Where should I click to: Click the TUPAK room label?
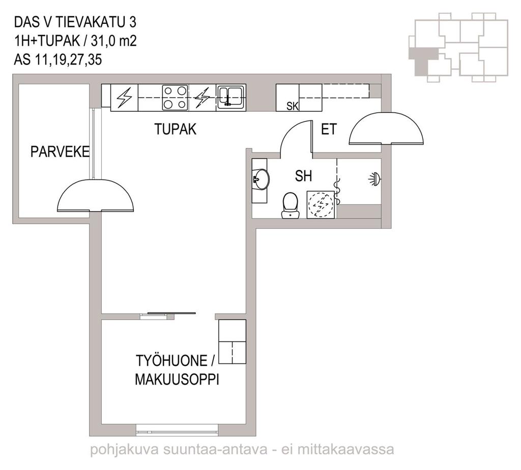point(175,129)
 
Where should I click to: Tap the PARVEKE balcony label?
point(60,152)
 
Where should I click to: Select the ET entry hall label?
point(329,129)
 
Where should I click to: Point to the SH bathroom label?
point(303,176)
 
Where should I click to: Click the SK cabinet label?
point(293,106)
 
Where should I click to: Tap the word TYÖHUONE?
point(171,361)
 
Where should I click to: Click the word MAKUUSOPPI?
point(177,380)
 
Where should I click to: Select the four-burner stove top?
point(175,98)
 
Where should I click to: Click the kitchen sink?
point(230,96)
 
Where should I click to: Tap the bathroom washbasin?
point(261,179)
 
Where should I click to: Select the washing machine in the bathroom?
point(321,204)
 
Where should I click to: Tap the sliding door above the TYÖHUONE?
point(171,313)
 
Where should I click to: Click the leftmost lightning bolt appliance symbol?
point(124,97)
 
